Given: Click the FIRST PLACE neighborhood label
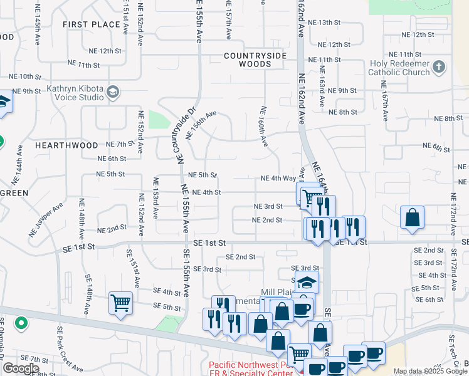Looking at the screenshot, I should tap(92, 24).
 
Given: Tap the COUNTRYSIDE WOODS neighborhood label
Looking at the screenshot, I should tap(255, 60).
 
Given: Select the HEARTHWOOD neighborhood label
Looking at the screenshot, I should tap(66, 145).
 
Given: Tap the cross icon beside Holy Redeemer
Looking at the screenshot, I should tap(439, 67).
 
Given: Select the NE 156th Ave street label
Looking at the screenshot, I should tap(201, 125).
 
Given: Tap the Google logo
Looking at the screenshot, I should tap(21, 368).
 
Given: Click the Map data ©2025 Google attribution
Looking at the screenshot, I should tap(430, 371).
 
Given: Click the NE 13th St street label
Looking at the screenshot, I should tap(337, 23).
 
